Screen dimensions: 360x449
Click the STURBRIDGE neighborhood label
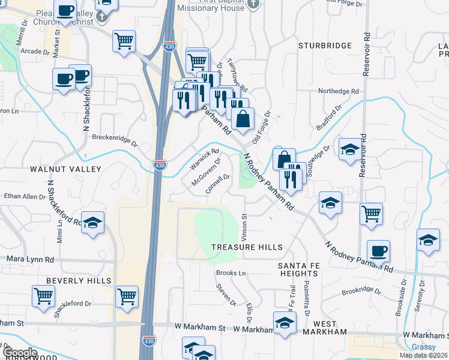[x=325, y=46]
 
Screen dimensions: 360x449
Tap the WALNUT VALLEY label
[x=66, y=170]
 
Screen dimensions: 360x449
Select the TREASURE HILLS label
[x=247, y=247]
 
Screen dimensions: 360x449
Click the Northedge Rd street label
[x=338, y=91]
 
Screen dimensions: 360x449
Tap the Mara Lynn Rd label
[x=30, y=259]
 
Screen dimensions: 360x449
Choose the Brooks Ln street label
[x=231, y=274]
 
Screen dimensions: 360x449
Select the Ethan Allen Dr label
[x=21, y=196]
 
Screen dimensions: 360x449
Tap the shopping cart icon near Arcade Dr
[x=124, y=41]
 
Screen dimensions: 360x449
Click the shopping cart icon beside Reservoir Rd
[x=372, y=212]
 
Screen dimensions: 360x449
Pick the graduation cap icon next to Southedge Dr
[x=350, y=149]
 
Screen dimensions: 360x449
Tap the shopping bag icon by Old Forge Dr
[x=243, y=118]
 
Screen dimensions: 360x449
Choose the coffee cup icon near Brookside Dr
[x=378, y=251]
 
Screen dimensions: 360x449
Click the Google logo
[x=19, y=353]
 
